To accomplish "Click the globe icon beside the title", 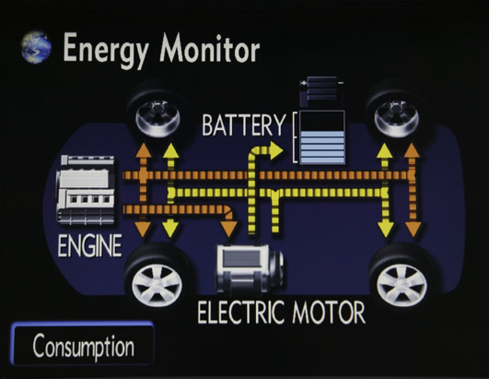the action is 36,47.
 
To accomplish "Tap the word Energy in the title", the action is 106,50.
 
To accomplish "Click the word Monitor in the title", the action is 209,48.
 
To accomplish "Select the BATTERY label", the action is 243,124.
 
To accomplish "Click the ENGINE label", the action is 89,246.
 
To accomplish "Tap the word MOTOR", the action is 329,313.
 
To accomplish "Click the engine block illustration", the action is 86,190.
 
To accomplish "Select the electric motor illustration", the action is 250,269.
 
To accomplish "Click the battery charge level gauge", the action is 321,137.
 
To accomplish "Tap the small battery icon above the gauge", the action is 320,90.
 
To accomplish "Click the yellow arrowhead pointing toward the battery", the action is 276,150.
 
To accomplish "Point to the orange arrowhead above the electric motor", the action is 229,230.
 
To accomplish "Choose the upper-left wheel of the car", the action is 157,113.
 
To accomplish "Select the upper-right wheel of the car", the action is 397,113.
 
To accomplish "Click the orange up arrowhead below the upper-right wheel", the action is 413,151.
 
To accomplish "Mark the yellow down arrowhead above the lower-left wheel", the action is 170,227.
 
